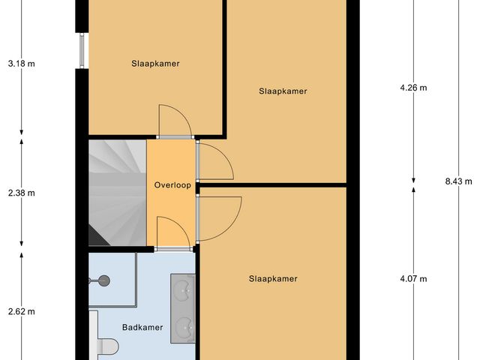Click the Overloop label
(172, 184)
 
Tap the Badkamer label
(142, 327)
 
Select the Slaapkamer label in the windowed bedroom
(154, 64)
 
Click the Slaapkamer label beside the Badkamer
(273, 278)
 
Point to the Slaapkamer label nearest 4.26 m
(283, 91)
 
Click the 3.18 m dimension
(20, 64)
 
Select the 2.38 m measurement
(20, 193)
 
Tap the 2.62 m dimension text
(20, 311)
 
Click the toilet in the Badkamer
(108, 347)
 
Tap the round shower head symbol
(104, 280)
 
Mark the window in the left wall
(80, 50)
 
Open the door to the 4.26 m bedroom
(214, 160)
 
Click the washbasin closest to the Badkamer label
(183, 326)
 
